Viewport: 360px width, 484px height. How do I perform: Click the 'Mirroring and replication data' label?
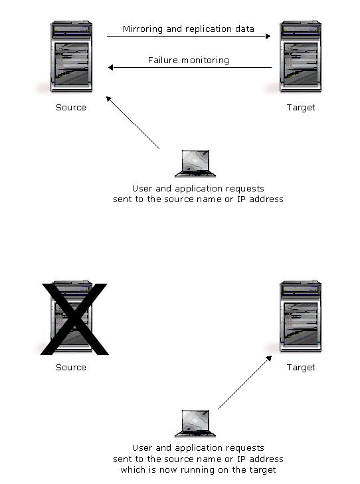pos(188,29)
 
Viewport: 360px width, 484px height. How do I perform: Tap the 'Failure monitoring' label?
pos(189,60)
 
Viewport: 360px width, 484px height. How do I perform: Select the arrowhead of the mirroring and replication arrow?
pos(268,36)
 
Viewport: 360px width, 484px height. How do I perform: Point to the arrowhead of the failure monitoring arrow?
pos(111,67)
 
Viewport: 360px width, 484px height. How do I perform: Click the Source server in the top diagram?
pos(71,57)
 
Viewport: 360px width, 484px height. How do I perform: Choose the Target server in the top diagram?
pos(300,57)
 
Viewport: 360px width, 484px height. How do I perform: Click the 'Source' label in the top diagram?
pos(71,108)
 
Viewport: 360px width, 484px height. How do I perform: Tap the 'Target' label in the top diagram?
pos(301,108)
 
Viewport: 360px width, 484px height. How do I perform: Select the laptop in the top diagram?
pos(195,164)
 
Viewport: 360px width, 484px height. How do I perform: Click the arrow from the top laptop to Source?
pos(133,123)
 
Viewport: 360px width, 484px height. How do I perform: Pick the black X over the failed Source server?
pos(74,319)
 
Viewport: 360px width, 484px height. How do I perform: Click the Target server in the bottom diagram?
pos(300,316)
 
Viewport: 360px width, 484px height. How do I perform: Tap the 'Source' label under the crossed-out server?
pos(71,367)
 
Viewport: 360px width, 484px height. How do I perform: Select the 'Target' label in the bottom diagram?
pos(301,368)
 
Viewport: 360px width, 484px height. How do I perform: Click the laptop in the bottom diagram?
pos(195,423)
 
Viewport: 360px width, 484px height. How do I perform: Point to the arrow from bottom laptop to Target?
pos(245,382)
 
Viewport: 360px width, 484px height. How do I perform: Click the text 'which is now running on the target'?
pos(198,470)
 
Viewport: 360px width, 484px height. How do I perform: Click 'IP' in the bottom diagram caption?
pos(241,459)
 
